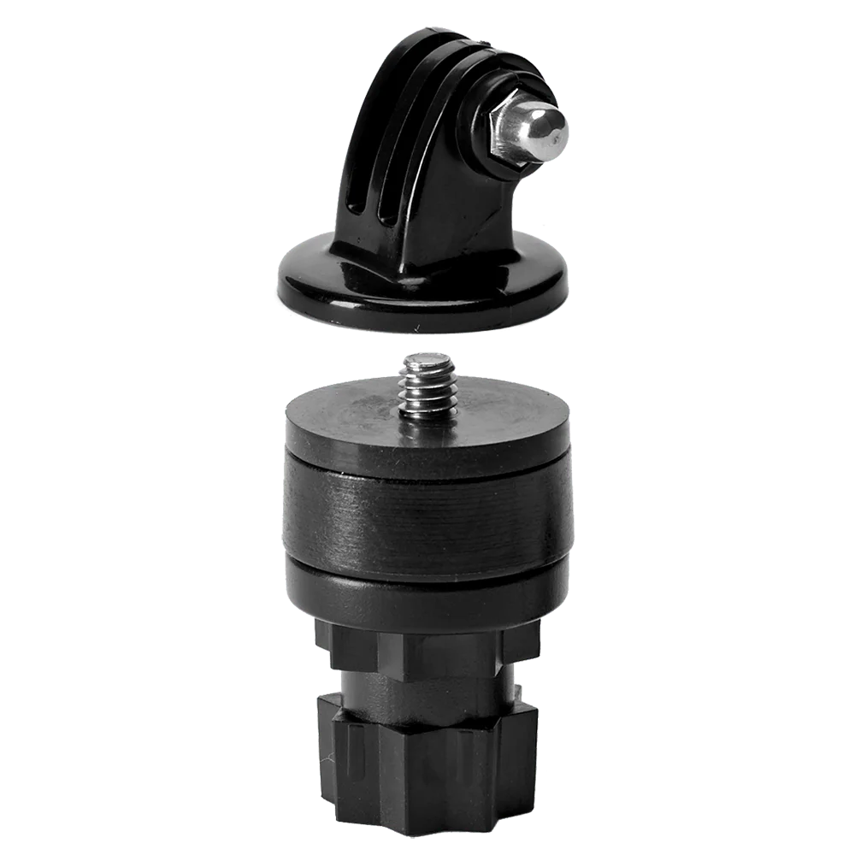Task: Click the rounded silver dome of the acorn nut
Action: [x=547, y=131]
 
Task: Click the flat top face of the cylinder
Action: [x=359, y=419]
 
